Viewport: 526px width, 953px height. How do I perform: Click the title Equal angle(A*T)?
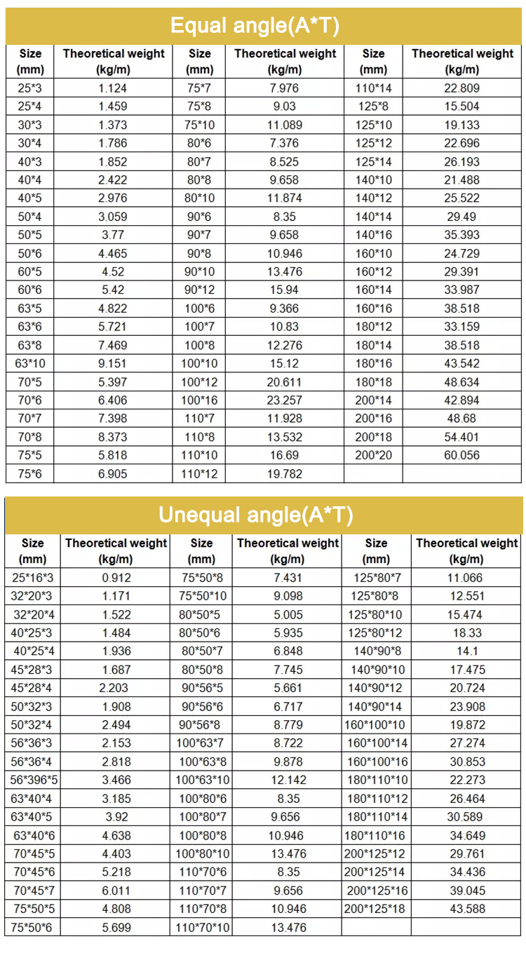click(x=255, y=27)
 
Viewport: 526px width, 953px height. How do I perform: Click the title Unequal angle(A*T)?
click(x=255, y=515)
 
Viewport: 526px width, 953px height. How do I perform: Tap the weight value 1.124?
click(x=112, y=88)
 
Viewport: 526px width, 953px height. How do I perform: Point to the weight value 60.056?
click(x=461, y=455)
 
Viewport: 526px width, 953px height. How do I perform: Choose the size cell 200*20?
click(x=373, y=455)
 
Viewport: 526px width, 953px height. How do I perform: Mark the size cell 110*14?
click(x=373, y=88)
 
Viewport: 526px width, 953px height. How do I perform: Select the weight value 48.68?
click(x=461, y=419)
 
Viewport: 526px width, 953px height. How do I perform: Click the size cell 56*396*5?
click(x=34, y=780)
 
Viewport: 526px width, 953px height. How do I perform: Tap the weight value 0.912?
click(x=116, y=578)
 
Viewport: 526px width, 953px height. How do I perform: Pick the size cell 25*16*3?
click(x=32, y=578)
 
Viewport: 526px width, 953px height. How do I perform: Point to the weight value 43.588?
click(x=466, y=909)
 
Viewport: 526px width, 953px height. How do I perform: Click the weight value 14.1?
click(x=466, y=651)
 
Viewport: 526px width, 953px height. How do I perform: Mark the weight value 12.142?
click(x=288, y=780)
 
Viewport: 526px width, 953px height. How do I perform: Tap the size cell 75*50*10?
click(x=203, y=596)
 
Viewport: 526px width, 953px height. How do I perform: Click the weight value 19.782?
click(x=285, y=474)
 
